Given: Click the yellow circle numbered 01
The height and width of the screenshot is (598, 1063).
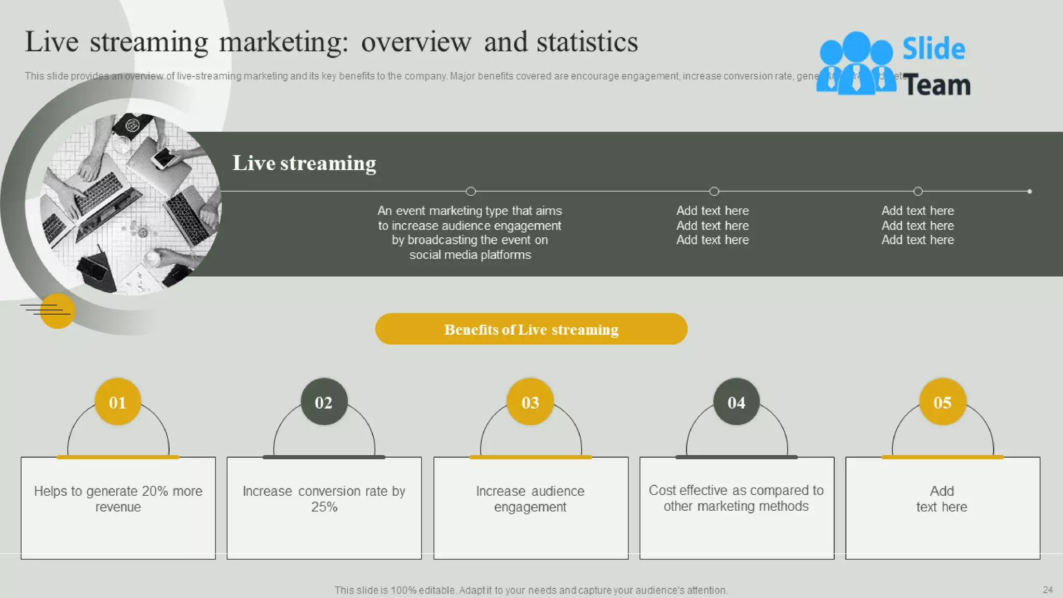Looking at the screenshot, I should click(118, 402).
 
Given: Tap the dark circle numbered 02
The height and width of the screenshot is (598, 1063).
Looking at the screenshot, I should click(324, 402).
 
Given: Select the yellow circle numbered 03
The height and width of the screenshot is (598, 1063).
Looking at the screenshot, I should click(530, 402).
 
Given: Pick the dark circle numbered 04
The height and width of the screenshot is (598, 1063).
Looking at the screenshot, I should click(736, 402).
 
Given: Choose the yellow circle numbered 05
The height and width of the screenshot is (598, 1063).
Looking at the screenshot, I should click(942, 402).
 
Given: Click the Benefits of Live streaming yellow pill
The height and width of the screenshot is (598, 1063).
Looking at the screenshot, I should click(531, 329).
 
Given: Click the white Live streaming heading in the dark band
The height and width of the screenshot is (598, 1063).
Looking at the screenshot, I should click(304, 163).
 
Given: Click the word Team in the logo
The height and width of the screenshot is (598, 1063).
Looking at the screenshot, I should click(936, 85).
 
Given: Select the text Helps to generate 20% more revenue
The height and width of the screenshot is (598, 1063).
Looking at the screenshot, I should click(118, 498).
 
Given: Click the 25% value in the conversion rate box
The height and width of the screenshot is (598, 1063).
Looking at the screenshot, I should click(324, 507).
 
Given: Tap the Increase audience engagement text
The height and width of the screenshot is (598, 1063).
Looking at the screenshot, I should click(530, 498).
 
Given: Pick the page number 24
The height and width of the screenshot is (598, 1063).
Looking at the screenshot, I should click(1047, 590).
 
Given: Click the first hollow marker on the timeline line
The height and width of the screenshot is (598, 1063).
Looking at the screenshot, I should click(471, 191).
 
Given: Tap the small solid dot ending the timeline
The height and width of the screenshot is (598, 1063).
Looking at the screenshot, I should click(1029, 191).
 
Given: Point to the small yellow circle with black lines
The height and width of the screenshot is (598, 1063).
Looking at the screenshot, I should click(57, 310).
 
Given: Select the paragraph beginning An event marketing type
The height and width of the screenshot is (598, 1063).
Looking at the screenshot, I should click(470, 233).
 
